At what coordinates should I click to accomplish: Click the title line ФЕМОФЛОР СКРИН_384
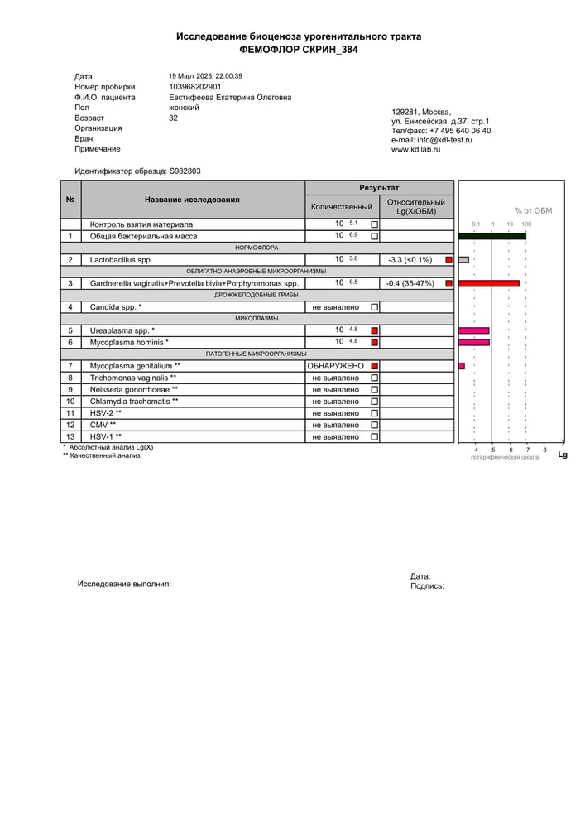click(x=299, y=50)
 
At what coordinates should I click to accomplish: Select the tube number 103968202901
click(x=195, y=87)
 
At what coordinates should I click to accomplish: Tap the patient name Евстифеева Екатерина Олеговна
click(x=230, y=97)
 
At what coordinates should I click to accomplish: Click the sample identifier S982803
click(x=185, y=171)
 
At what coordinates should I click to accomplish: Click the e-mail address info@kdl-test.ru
click(x=432, y=141)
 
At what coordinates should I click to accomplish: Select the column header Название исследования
click(x=192, y=200)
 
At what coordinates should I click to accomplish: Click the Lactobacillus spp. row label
click(x=122, y=260)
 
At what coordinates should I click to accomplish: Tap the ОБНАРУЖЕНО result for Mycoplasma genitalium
click(x=335, y=366)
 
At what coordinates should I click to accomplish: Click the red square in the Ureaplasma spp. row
click(x=375, y=330)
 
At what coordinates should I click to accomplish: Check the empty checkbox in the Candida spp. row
click(x=375, y=307)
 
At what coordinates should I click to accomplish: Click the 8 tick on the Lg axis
click(x=544, y=450)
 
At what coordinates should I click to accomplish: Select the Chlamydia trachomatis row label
click(x=133, y=402)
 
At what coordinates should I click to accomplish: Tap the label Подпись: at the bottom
click(x=427, y=585)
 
